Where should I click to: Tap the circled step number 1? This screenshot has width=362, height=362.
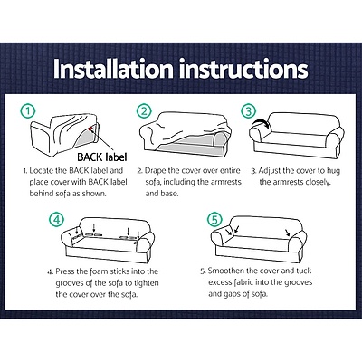(31, 112)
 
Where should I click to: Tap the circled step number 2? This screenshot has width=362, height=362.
(144, 112)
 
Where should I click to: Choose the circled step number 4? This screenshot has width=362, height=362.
(58, 220)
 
